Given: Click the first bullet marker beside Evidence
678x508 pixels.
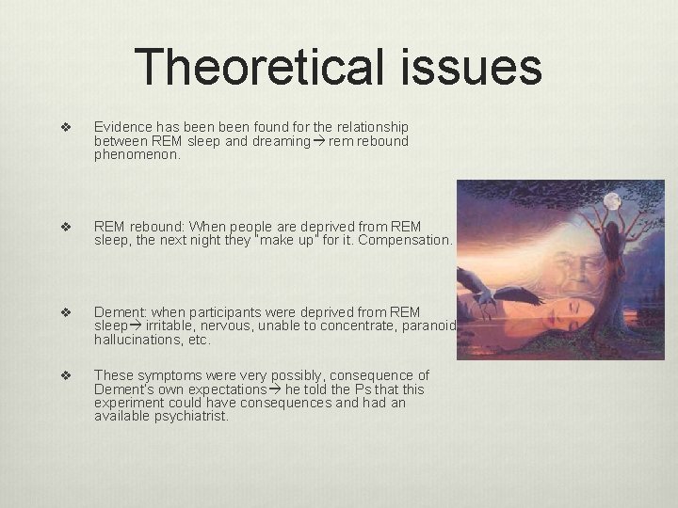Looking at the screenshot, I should (x=66, y=128).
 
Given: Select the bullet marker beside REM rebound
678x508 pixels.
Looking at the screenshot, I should (x=66, y=228).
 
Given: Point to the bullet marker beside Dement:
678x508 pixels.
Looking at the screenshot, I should (x=66, y=312).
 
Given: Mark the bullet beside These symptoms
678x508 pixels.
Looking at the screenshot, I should (x=66, y=375).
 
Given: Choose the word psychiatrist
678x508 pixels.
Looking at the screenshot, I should (x=193, y=415).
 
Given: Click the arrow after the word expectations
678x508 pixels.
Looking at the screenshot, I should (x=276, y=389).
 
